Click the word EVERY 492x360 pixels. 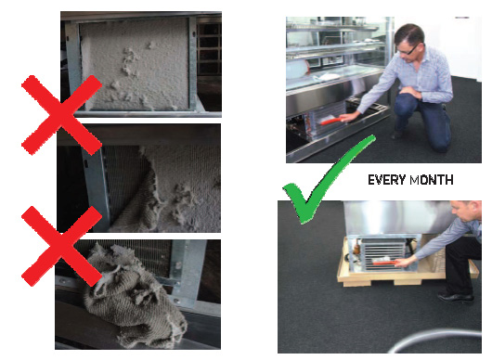(x=386, y=180)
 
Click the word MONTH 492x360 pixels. (x=432, y=180)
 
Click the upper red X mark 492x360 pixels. (x=61, y=115)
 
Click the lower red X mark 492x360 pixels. (x=61, y=246)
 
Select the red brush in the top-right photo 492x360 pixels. (x=331, y=121)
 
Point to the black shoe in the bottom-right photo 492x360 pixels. (x=456, y=298)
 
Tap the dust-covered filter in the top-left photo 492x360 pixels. (x=135, y=64)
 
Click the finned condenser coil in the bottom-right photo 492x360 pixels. (x=383, y=254)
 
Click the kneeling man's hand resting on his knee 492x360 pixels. (x=408, y=92)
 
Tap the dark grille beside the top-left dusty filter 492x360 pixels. (x=209, y=47)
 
